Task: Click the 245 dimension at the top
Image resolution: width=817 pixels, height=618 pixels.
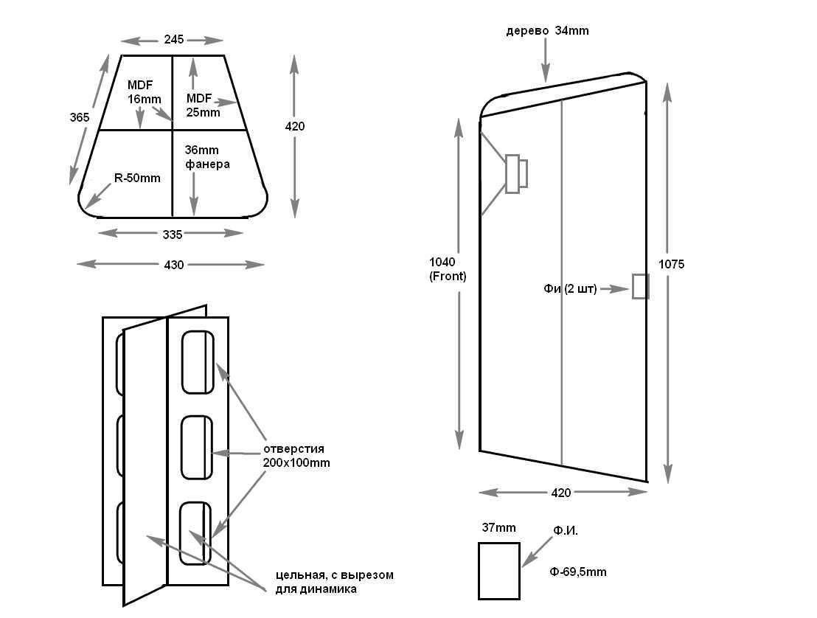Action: coord(173,39)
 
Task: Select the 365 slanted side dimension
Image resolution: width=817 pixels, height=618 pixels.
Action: coord(80,117)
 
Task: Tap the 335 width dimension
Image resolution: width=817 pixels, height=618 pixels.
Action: coord(172,234)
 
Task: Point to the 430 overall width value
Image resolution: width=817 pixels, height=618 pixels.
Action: coord(173,264)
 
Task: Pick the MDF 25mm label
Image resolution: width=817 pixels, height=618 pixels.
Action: coord(203,105)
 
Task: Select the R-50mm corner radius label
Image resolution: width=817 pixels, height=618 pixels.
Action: coord(137,178)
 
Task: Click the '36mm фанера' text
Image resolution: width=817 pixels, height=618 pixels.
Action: coord(207,157)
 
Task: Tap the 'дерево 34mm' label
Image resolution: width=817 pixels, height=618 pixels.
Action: coord(547,30)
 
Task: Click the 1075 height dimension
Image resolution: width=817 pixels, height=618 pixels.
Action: coord(671,264)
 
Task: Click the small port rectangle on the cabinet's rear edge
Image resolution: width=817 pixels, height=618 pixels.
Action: coord(640,286)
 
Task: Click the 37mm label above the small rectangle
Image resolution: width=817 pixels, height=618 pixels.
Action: coord(498,527)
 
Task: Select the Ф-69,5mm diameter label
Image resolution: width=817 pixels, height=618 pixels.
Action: coord(578,572)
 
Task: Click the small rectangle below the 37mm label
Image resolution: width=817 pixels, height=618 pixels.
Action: coord(498,570)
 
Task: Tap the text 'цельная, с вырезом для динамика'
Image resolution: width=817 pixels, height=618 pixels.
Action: coord(334,582)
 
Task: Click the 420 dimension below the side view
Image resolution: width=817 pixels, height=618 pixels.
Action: coord(561,493)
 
